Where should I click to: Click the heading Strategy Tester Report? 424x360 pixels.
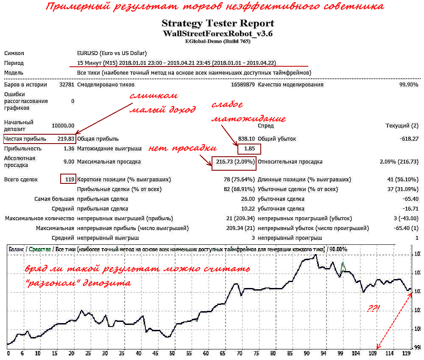point(218,23)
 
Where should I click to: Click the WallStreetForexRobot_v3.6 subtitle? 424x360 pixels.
point(218,33)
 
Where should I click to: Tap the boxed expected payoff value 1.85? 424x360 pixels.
point(249,149)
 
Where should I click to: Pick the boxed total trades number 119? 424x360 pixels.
point(68,179)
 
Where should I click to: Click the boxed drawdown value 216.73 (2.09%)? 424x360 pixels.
point(234,162)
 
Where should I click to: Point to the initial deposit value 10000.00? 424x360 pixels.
point(63,126)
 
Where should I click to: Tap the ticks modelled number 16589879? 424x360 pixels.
point(243,85)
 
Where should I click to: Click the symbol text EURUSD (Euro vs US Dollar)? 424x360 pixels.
point(112,53)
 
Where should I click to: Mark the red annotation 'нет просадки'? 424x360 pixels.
point(182,148)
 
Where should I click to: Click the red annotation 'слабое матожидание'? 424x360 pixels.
point(248,112)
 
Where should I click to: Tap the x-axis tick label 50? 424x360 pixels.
point(172,353)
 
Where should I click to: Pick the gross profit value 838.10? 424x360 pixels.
point(246,138)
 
